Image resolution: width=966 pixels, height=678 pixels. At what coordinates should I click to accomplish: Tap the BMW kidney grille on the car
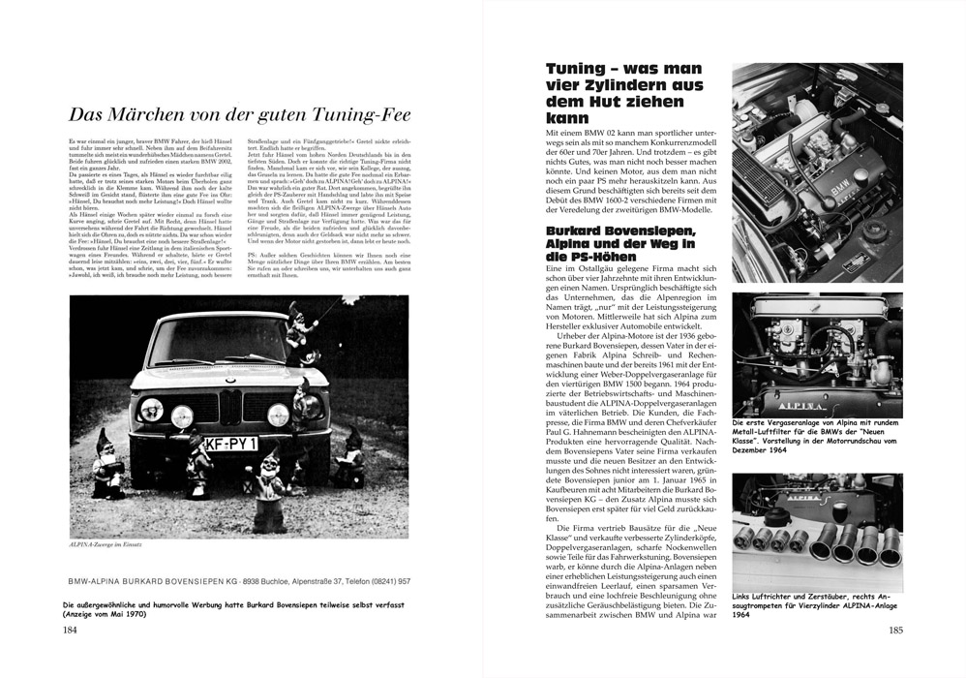pyautogui.click(x=229, y=406)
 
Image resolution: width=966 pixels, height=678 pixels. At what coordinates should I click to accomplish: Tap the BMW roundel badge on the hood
pyautogui.click(x=229, y=382)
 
